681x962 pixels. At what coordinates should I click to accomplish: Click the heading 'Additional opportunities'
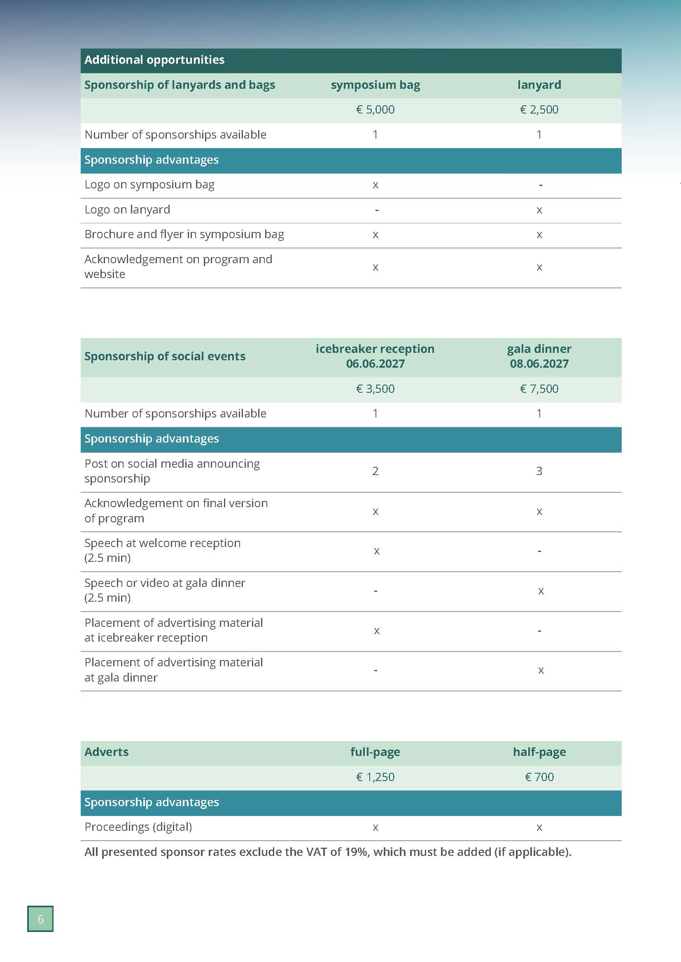click(x=154, y=60)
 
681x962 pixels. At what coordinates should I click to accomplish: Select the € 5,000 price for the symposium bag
click(x=375, y=110)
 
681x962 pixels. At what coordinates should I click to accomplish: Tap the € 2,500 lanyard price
click(x=539, y=110)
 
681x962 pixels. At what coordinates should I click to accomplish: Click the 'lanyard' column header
click(x=539, y=85)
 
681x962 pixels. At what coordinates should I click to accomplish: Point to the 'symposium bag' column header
click(x=375, y=85)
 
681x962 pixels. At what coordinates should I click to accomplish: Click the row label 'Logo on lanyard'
click(x=127, y=209)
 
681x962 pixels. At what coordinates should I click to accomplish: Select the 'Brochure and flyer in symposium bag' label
click(x=184, y=234)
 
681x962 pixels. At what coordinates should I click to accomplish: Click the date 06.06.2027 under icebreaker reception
click(x=375, y=364)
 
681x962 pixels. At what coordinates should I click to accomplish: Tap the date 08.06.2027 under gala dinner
click(x=539, y=364)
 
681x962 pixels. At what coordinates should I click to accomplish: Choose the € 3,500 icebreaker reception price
click(x=375, y=389)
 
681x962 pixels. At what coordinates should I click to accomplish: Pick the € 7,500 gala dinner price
click(x=539, y=389)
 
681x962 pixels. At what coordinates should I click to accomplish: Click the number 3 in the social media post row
click(x=539, y=471)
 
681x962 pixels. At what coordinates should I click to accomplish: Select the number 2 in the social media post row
click(x=375, y=471)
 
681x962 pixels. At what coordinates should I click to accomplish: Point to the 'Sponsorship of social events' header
click(x=165, y=357)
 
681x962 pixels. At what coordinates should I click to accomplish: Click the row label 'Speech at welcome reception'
click(x=162, y=543)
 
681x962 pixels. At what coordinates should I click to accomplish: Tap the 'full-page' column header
click(x=375, y=752)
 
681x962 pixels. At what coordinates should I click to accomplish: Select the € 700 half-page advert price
click(x=539, y=777)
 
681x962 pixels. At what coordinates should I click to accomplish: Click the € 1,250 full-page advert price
click(x=375, y=777)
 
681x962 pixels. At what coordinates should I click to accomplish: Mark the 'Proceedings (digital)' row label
click(x=138, y=827)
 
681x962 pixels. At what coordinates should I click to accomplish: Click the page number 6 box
click(x=40, y=919)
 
